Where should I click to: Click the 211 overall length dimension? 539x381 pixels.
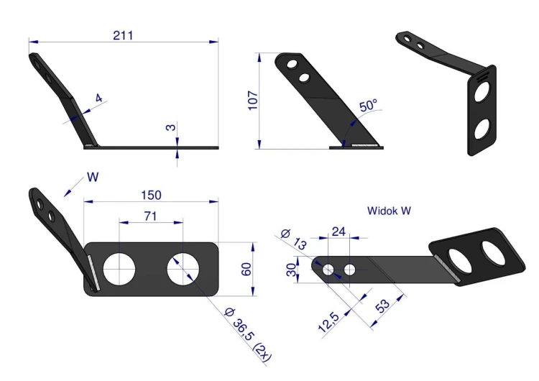123,35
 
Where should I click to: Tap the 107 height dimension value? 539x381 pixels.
253,101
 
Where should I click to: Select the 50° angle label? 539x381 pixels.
369,105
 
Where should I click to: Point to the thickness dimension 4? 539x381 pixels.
99,98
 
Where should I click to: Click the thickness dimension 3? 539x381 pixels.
171,127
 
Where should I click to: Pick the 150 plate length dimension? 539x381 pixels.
151,196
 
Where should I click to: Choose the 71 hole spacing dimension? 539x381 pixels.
151,216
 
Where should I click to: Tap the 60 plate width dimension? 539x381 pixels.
246,269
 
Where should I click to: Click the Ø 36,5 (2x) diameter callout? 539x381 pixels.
247,334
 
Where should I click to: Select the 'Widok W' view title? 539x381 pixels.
389,211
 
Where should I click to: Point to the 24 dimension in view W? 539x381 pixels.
338,231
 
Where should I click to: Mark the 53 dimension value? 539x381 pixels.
383,306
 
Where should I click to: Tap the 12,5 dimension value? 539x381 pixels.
329,322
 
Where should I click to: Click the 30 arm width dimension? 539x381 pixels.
291,270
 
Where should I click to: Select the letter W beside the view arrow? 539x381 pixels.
93,177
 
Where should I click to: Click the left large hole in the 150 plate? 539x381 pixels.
119,270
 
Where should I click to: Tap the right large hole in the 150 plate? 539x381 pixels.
183,270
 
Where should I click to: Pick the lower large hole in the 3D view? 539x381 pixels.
482,129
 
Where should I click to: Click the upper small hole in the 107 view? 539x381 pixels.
292,64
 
